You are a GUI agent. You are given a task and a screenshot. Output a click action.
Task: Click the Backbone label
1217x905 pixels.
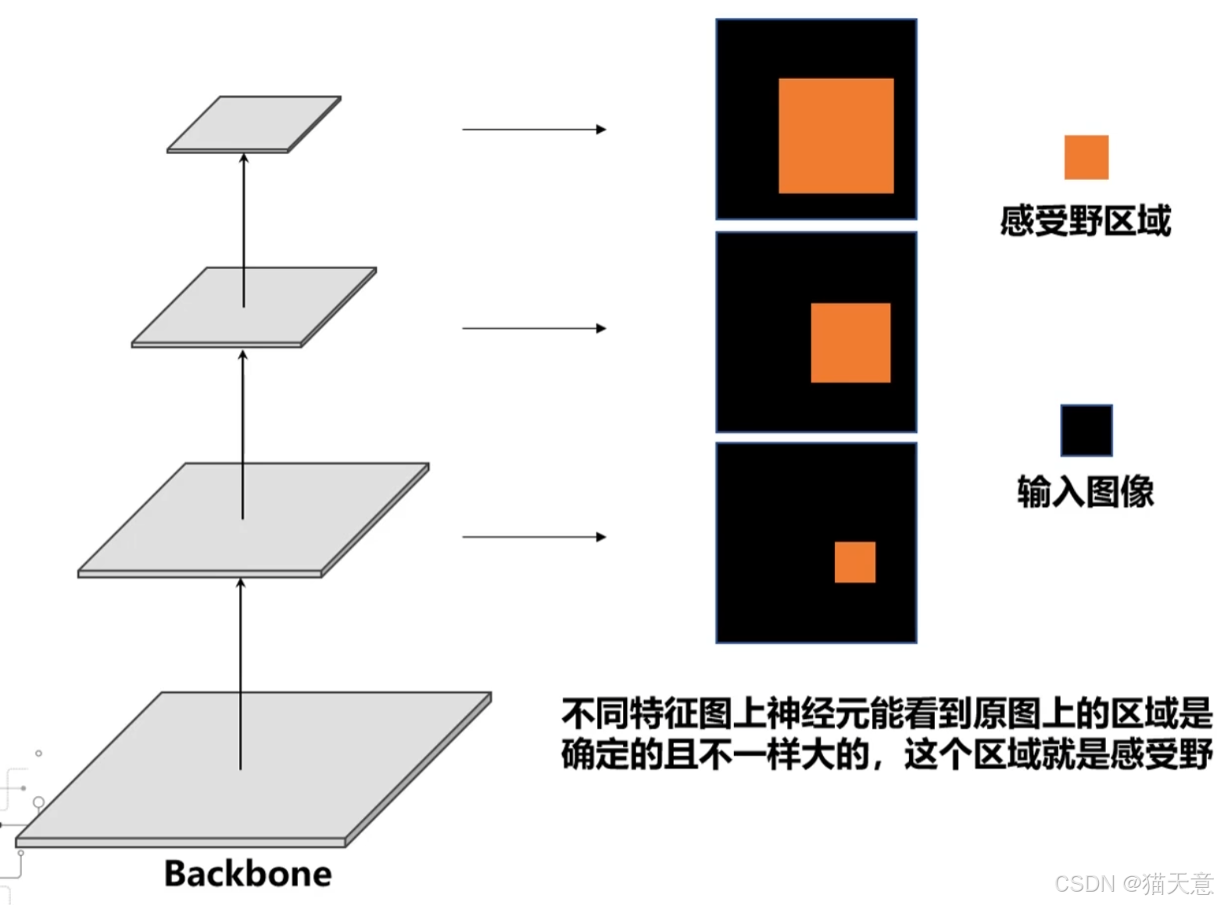248,874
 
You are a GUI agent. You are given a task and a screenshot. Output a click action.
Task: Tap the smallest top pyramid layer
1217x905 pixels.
254,123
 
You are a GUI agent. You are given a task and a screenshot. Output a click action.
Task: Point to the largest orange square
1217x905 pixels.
836,135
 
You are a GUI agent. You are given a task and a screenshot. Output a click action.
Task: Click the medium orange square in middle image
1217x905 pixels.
850,343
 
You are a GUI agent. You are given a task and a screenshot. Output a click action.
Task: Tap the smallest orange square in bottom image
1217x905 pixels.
854,562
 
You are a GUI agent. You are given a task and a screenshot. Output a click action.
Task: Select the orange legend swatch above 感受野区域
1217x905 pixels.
1086,157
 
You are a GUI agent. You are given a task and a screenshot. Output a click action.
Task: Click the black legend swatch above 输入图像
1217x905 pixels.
1086,430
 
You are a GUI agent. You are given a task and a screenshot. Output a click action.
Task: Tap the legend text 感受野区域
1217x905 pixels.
1085,221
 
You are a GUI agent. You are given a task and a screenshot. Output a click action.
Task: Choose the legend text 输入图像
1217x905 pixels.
1085,492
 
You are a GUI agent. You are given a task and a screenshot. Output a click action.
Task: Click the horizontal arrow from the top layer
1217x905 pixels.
534,129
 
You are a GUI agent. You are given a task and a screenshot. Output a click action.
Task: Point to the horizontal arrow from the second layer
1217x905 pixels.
534,329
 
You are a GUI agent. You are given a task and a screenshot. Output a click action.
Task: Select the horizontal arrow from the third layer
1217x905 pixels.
534,537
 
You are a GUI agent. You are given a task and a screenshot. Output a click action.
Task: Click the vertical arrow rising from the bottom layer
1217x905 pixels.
241,673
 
